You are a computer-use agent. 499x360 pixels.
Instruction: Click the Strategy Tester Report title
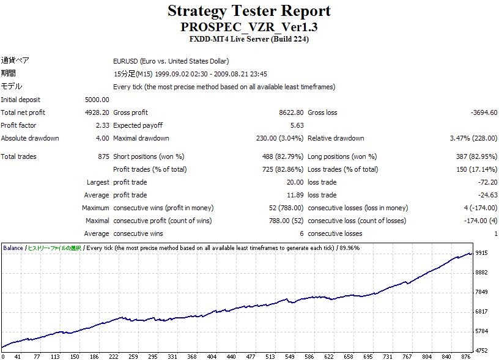(x=249, y=11)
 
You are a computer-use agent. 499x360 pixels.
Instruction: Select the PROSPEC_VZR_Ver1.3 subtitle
(x=249, y=28)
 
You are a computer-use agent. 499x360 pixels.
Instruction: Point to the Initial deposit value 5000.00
(x=97, y=100)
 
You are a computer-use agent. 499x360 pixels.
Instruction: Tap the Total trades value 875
(x=103, y=156)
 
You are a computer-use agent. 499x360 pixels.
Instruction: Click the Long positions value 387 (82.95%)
(x=471, y=156)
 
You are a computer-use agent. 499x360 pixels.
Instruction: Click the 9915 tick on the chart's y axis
(x=482, y=252)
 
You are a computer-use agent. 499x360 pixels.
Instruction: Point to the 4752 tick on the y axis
(x=482, y=351)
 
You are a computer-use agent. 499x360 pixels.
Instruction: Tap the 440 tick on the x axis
(x=232, y=356)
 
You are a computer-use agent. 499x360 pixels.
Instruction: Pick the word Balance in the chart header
(x=13, y=248)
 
